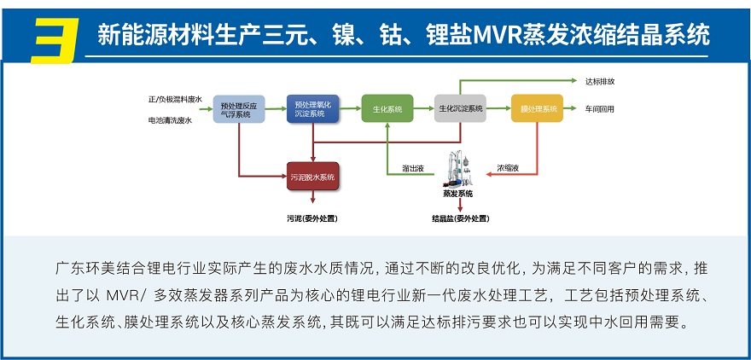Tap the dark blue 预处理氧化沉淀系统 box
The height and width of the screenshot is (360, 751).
coord(312,108)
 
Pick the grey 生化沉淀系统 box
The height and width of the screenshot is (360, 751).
coord(460,109)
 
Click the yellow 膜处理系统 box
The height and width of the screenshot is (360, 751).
coord(539,109)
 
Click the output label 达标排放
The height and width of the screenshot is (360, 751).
coord(599,82)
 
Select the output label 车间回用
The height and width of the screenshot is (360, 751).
coord(599,109)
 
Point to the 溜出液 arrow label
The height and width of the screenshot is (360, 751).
coord(413,169)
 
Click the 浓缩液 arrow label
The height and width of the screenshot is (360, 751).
coord(509,169)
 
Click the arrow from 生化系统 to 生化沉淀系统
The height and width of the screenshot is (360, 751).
coord(423,109)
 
